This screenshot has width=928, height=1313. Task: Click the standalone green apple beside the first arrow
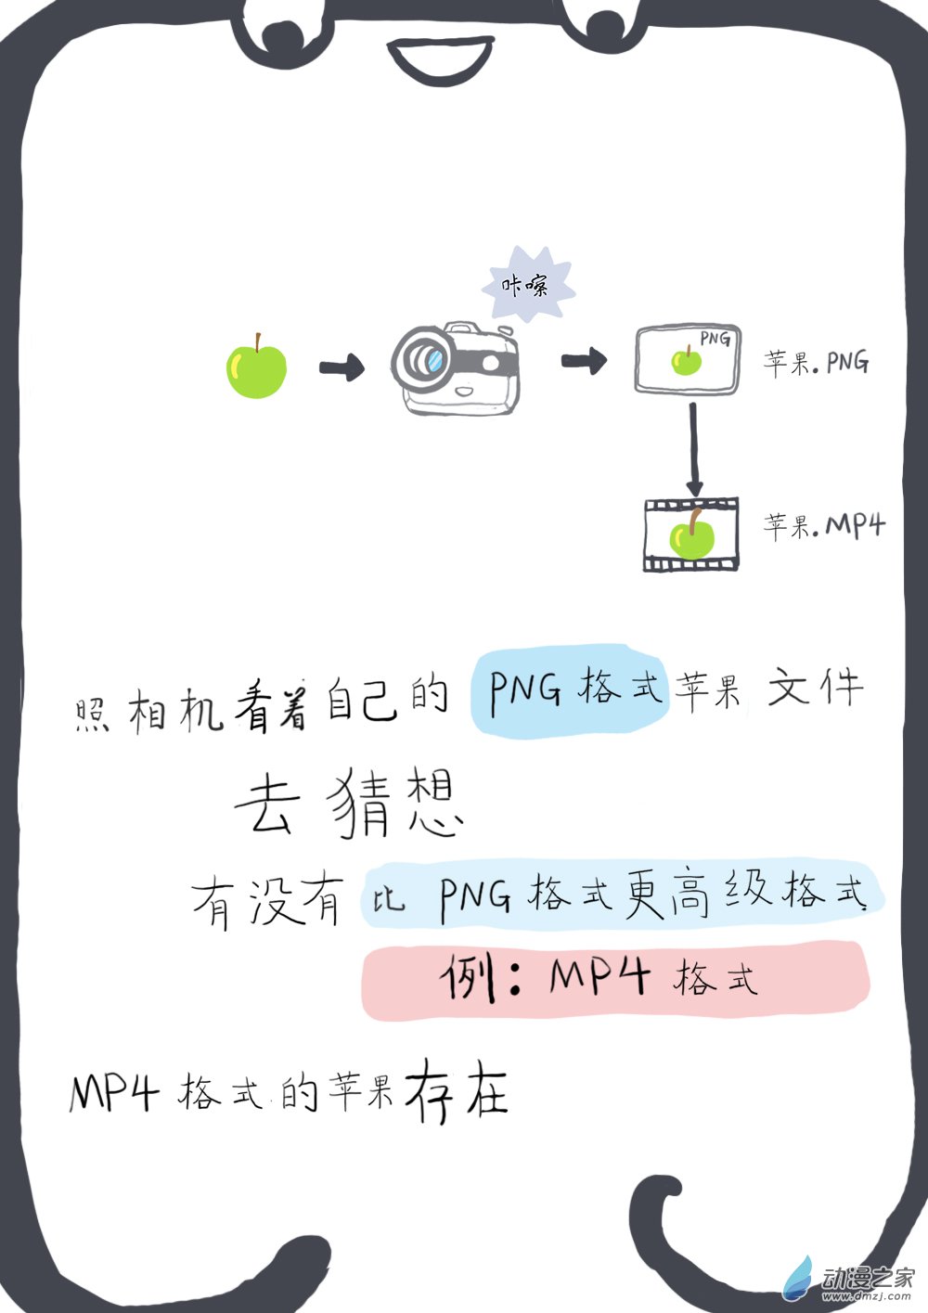pos(256,368)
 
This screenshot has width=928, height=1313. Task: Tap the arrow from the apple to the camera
pos(342,368)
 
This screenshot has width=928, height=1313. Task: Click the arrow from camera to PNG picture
pos(584,360)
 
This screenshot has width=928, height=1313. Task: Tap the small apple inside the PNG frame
pos(687,359)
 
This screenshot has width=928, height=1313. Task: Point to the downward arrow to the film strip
pos(693,450)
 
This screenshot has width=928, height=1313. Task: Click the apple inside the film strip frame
pos(691,535)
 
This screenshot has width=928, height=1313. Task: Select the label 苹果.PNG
pos(816,361)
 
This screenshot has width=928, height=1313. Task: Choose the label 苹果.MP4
pos(824,526)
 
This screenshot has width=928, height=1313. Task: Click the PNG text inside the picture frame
pos(715,339)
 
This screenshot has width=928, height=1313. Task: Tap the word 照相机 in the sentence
pos(148,712)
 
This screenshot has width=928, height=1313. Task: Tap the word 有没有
pos(267,900)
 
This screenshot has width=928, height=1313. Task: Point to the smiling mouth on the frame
pos(440,61)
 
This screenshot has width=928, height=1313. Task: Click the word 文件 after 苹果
pos(816,689)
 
